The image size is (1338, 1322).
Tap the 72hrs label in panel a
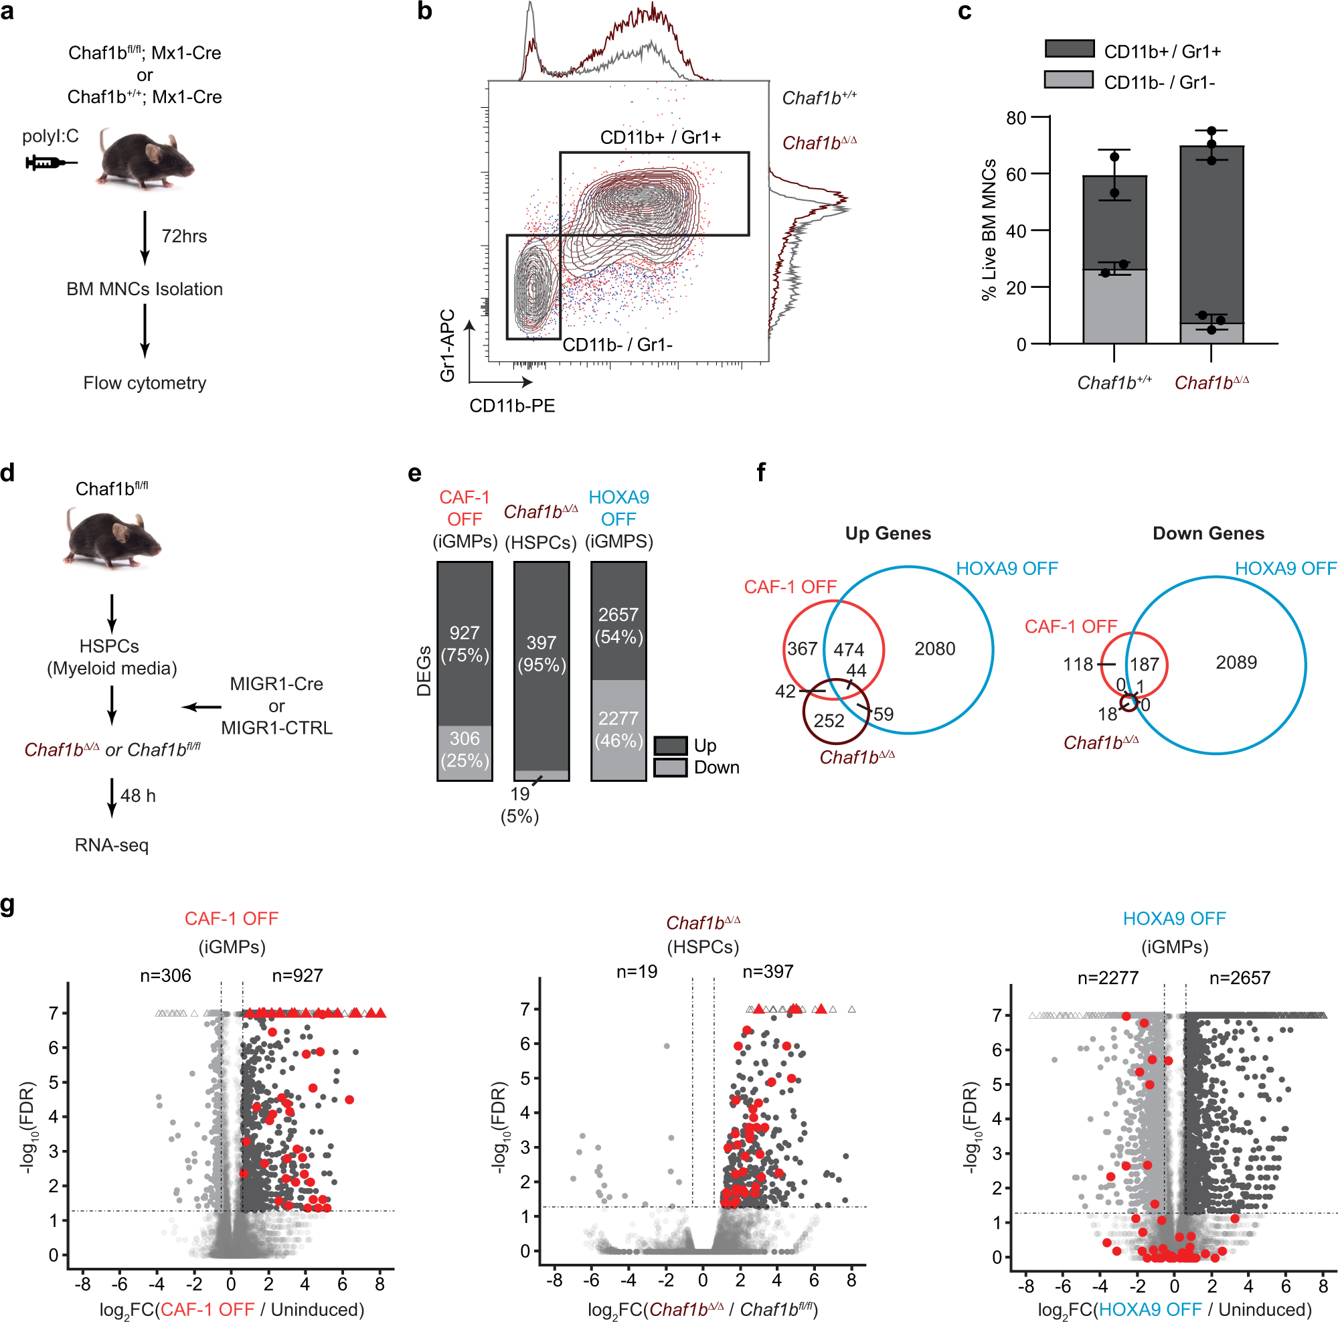[x=183, y=236]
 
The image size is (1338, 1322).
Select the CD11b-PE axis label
[x=512, y=406]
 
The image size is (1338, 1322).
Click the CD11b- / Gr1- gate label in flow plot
[x=617, y=345]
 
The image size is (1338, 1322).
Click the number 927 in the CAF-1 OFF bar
[x=464, y=633]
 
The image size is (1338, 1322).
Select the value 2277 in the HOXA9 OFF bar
[x=618, y=718]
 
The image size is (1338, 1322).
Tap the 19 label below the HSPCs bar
[x=519, y=795]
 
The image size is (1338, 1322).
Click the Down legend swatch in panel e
[x=671, y=767]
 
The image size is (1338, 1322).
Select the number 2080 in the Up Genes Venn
[x=934, y=649]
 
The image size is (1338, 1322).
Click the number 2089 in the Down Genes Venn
[x=1236, y=663]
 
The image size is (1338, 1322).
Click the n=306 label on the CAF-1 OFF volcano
[x=165, y=976]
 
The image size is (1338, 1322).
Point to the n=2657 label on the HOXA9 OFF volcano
[x=1239, y=978]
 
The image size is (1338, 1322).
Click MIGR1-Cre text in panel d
[x=276, y=684]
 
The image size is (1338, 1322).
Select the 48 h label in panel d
[x=138, y=796]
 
